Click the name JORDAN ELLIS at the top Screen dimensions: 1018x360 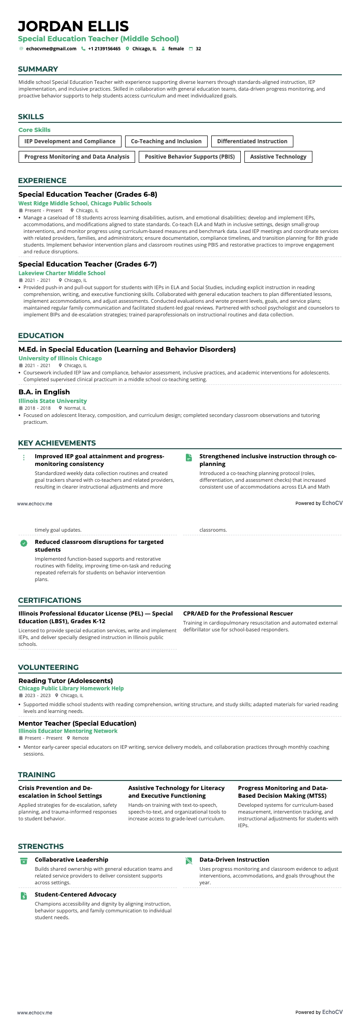(73, 26)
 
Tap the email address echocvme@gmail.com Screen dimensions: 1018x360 (51, 48)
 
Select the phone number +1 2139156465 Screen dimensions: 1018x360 (104, 48)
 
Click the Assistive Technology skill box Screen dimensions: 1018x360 (278, 157)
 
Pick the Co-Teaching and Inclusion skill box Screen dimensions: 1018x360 (166, 141)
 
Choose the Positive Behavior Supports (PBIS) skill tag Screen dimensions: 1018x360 (190, 157)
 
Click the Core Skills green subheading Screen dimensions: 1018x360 (34, 130)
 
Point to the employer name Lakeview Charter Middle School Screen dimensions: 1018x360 (62, 273)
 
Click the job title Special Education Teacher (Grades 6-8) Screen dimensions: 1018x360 (88, 194)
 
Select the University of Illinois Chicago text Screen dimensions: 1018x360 (60, 359)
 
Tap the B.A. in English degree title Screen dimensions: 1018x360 (44, 392)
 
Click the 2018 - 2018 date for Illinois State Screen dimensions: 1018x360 (38, 408)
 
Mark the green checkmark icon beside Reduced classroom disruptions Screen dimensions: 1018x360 (24, 543)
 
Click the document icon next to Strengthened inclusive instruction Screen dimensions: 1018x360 (189, 458)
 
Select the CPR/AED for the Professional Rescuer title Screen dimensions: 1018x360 (238, 614)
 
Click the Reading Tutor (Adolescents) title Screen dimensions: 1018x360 (66, 681)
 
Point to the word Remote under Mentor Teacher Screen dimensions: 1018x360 (81, 738)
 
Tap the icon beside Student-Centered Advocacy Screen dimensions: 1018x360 (24, 896)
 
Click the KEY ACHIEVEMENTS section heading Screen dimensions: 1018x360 (57, 443)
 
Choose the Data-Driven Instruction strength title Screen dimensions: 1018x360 (234, 860)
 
